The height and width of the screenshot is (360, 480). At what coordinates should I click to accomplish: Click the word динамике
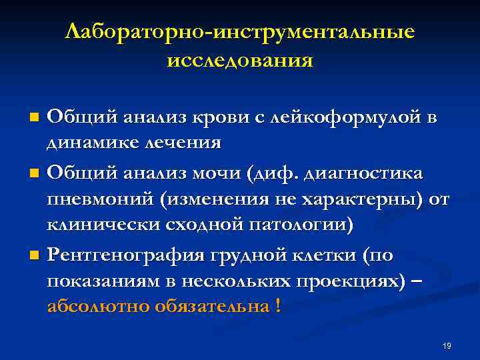pyautogui.click(x=88, y=143)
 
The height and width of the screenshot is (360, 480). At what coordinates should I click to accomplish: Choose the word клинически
pyautogui.click(x=99, y=225)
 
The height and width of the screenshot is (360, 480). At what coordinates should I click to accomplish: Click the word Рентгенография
pyautogui.click(x=126, y=255)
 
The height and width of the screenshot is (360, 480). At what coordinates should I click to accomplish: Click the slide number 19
pyautogui.click(x=447, y=345)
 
